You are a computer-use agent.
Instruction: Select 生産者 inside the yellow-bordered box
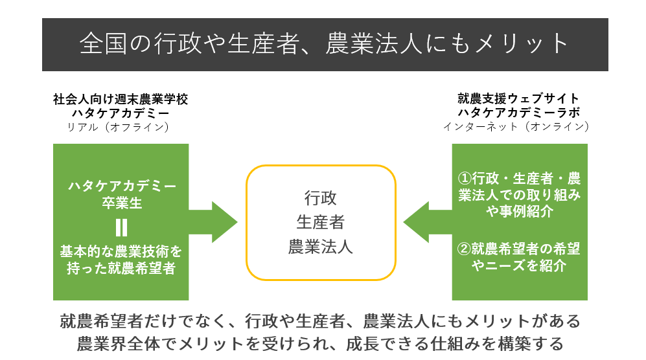(x=321, y=222)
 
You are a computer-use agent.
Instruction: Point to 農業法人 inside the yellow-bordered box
(x=321, y=247)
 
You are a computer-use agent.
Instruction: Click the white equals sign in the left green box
(x=121, y=227)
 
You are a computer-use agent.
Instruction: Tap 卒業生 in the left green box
(x=121, y=203)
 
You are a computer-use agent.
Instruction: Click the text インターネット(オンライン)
(x=516, y=127)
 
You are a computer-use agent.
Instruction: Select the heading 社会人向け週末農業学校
(x=121, y=99)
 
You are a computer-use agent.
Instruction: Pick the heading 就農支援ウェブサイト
(x=518, y=99)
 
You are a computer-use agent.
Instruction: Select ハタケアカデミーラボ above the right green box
(x=518, y=113)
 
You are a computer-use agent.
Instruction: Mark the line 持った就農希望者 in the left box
(x=121, y=267)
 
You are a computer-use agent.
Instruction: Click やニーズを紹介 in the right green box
(x=510, y=265)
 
